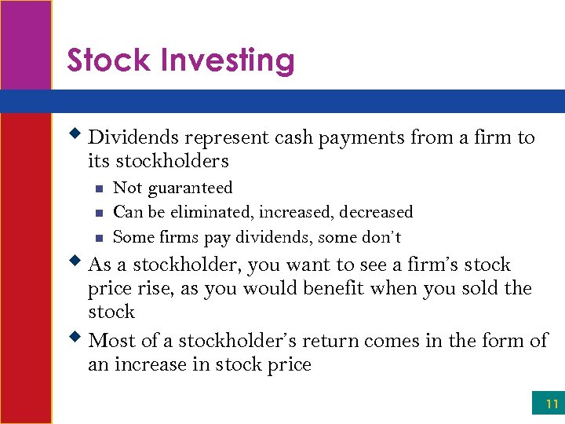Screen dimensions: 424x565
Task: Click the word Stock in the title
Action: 107,60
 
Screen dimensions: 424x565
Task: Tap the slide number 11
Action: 552,404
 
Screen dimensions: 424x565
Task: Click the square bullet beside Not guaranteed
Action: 98,188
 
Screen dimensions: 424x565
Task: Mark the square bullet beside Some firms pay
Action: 98,237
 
